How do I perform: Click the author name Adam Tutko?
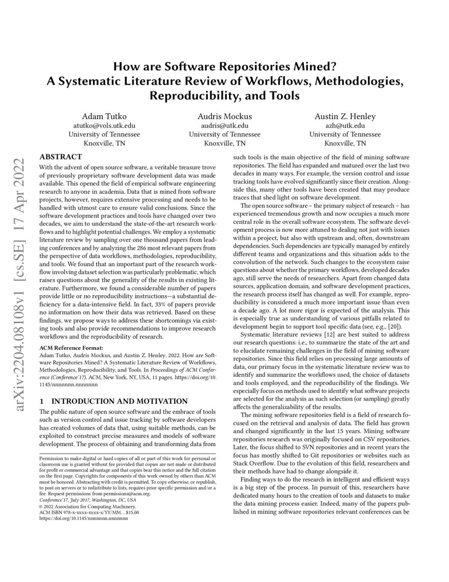[104, 116]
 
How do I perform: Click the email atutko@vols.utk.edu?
[104, 126]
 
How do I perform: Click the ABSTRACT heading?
[61, 157]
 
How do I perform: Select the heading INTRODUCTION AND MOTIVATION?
[115, 402]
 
